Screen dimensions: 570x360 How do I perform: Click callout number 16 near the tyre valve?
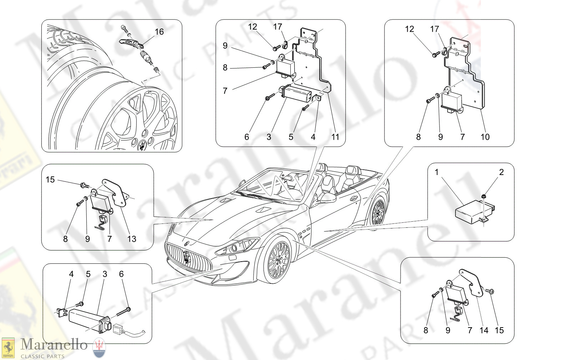pos(159,32)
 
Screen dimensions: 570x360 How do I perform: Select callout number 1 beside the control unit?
pos(437,173)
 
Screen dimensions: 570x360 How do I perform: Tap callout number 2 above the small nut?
pos(501,172)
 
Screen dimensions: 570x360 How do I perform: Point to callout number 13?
pos(132,239)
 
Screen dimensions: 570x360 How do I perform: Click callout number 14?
pos(484,330)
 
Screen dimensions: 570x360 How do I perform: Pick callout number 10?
pos(485,137)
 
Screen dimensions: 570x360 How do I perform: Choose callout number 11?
pos(335,137)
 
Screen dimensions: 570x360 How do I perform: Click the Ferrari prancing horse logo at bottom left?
pos(8,348)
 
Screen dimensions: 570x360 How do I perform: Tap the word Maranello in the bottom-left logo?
pos(54,345)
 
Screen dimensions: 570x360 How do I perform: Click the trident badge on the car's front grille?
pos(187,258)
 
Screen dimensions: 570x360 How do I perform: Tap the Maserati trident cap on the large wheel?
pos(142,145)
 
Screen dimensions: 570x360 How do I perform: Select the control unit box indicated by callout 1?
pos(473,212)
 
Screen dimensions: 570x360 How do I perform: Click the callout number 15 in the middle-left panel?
pos(50,180)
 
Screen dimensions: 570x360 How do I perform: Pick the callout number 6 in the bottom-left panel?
pos(121,274)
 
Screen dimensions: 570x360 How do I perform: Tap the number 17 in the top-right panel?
pos(434,29)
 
